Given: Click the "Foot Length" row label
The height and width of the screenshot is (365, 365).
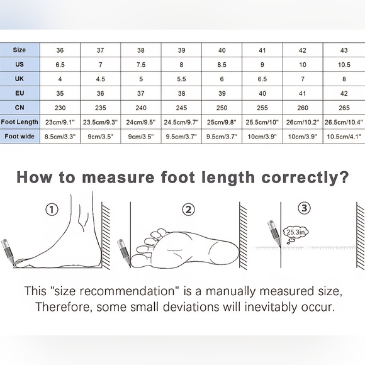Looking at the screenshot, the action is pos(20,122).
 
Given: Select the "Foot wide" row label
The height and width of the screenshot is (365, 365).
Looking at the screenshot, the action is pos(20,137).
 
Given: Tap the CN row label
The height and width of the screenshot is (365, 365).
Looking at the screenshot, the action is pos(20,108).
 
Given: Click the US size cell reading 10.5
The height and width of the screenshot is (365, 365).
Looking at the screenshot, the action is pos(344,65).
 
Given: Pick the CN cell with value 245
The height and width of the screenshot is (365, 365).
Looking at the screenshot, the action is pos(181,108).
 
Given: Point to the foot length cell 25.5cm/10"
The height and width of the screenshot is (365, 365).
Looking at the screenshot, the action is pos(262,122).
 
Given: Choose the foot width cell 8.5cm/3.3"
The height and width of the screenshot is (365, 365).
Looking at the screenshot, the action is pos(60,137).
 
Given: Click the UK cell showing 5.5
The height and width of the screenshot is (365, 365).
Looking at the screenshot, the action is pos(181,79).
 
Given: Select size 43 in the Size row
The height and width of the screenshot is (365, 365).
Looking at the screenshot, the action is pos(344,50).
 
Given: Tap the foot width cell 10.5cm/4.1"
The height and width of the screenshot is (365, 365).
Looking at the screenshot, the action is pos(344,137).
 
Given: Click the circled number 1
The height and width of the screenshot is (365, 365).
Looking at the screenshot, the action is pos(52,210).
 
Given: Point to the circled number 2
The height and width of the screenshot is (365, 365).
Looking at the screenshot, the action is pos(188,210).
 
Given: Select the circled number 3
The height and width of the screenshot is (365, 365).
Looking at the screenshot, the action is pos(304,208).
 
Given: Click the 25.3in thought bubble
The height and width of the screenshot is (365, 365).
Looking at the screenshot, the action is pos(295,234).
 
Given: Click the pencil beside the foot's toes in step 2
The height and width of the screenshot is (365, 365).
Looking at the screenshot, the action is pos(124,252).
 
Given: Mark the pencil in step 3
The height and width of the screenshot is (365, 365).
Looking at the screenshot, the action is pos(274,233).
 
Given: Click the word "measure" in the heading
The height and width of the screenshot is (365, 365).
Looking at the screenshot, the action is pos(118,177).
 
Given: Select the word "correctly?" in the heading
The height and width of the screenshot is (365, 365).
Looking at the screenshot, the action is pos(305,178).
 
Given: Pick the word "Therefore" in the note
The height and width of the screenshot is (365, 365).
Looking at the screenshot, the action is pos(63,307).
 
